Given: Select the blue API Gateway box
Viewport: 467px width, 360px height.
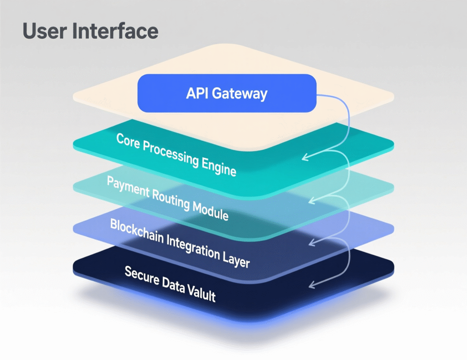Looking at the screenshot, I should [x=227, y=93].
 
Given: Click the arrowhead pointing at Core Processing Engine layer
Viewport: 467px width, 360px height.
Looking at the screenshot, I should [x=305, y=157].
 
